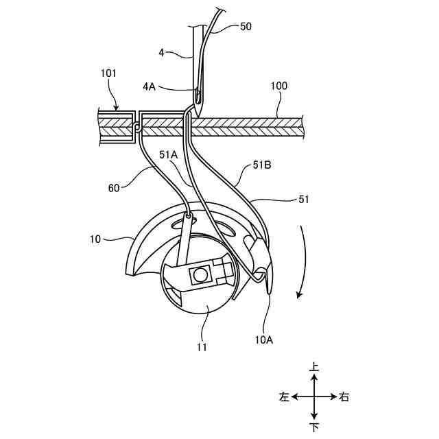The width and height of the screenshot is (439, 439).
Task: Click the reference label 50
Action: click(x=246, y=27)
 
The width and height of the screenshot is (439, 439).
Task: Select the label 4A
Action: click(x=150, y=87)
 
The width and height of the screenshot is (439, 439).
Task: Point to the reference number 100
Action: click(x=279, y=86)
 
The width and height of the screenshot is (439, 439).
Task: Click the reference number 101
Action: click(x=108, y=73)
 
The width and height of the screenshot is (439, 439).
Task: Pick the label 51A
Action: click(x=169, y=155)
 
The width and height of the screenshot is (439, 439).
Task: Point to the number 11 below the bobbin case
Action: click(x=202, y=347)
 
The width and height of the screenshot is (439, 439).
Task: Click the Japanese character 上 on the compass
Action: click(x=314, y=368)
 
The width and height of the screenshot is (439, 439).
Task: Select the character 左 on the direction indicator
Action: click(x=284, y=397)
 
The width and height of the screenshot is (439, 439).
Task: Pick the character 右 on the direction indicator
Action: click(x=344, y=397)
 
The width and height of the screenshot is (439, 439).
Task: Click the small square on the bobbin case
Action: click(x=201, y=275)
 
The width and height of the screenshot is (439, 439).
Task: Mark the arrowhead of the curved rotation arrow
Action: click(x=298, y=295)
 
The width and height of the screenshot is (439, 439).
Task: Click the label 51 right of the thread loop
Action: click(x=304, y=200)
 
